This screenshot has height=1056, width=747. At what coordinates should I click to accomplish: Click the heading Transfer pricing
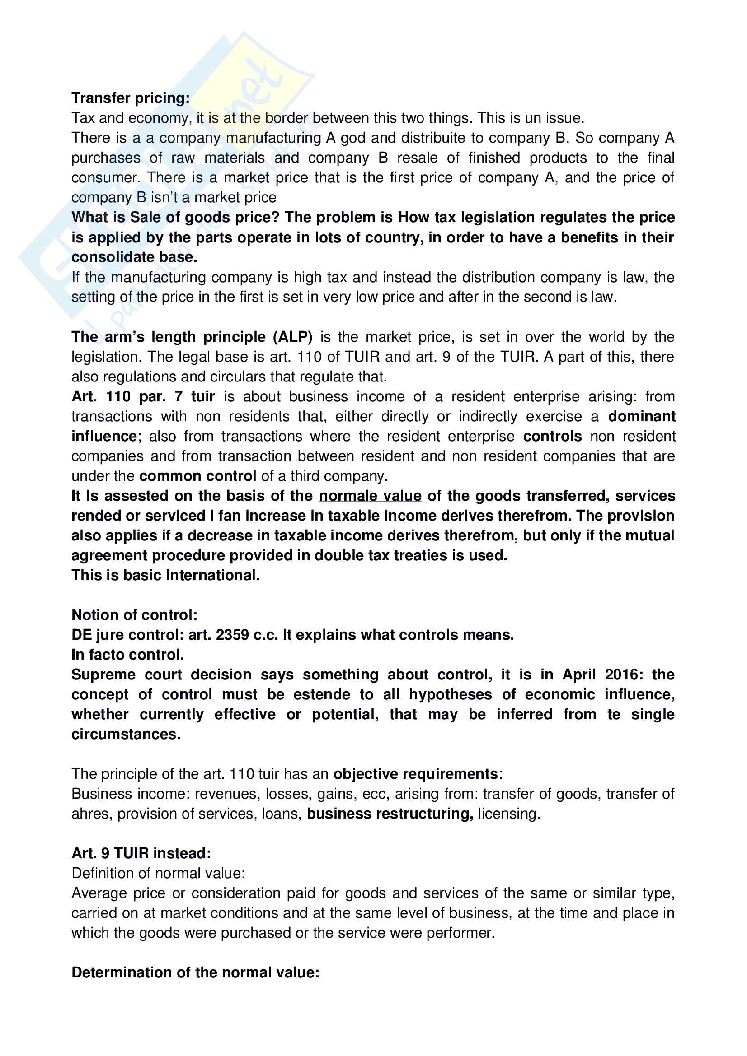pos(130,98)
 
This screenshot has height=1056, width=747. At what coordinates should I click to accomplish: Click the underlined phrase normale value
pos(370,496)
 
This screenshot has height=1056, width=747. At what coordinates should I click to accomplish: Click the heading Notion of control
pos(134,615)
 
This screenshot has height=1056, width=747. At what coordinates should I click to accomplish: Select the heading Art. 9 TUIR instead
pos(141,853)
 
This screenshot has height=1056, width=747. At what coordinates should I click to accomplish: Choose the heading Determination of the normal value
pos(195,972)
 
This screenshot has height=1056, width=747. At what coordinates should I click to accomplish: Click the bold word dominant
pos(641,416)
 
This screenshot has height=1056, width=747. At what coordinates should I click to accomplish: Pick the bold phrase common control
pos(197,476)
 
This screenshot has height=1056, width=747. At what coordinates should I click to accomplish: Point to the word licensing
pos(508,814)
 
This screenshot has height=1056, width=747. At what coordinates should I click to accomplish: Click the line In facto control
pos(127,655)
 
